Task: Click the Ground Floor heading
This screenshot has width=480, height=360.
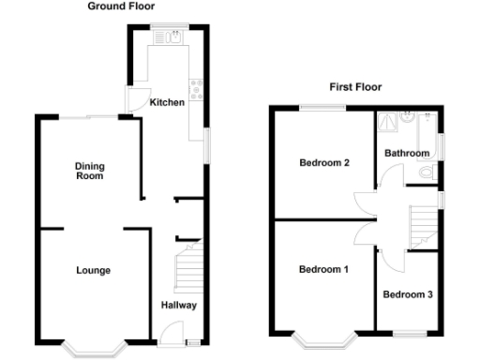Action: pyautogui.click(x=122, y=7)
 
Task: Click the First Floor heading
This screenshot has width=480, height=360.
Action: pyautogui.click(x=355, y=87)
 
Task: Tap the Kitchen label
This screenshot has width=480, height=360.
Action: pyautogui.click(x=167, y=102)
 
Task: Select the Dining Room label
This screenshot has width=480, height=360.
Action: pyautogui.click(x=90, y=171)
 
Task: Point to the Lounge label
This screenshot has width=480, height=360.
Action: pyautogui.click(x=93, y=271)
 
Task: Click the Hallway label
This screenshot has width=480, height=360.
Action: pyautogui.click(x=178, y=305)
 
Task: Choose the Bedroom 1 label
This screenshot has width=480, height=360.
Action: pyautogui.click(x=323, y=270)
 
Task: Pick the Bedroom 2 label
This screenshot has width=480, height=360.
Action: pyautogui.click(x=323, y=163)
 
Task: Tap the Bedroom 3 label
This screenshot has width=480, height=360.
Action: pyautogui.click(x=408, y=294)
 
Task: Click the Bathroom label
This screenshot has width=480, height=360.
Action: pyautogui.click(x=407, y=154)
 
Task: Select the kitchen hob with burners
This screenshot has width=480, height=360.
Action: pyautogui.click(x=197, y=89)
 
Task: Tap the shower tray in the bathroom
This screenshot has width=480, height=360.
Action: pyautogui.click(x=387, y=124)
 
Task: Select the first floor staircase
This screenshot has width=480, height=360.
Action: pyautogui.click(x=424, y=225)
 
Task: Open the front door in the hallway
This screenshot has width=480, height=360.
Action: pyautogui.click(x=171, y=332)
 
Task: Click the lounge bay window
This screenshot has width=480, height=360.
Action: pyautogui.click(x=94, y=349)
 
